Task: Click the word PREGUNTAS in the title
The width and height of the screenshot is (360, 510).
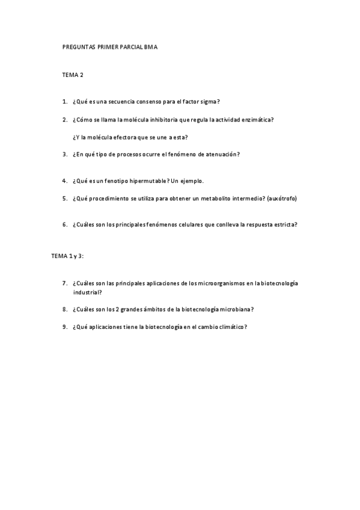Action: point(76,46)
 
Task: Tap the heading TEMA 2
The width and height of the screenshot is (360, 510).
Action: point(73,75)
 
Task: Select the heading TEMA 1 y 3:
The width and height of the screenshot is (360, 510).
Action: point(67,256)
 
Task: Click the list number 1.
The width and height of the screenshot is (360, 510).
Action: point(64,102)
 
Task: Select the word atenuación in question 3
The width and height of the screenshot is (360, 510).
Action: point(220,154)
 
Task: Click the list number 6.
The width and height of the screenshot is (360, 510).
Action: point(64,225)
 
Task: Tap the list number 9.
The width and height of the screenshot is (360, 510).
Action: point(64,327)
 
